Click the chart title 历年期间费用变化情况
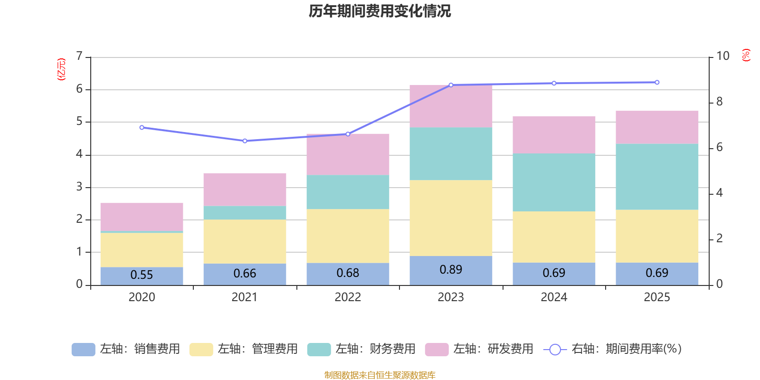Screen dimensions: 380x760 pos(380,11)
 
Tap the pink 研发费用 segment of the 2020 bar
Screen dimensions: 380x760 pos(142,217)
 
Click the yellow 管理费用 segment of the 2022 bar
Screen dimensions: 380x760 pos(348,236)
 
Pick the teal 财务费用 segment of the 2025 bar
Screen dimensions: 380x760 pos(657,177)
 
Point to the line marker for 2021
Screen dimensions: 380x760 pos(245,141)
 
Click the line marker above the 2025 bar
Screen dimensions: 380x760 pos(657,83)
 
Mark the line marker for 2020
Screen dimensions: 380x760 pos(142,127)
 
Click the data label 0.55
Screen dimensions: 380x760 pos(142,275)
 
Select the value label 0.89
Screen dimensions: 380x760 pos(451,270)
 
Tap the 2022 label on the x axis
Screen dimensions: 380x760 pos(348,297)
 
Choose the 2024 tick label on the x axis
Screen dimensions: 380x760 pos(554,297)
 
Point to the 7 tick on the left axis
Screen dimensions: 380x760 pos(79,57)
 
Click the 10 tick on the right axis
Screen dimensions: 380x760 pos(722,56)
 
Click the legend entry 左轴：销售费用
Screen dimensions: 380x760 pos(126,349)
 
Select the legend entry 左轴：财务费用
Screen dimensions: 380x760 pos(362,349)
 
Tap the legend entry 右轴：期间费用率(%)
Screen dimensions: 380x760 pos(613,349)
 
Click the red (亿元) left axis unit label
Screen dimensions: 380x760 pos(61,69)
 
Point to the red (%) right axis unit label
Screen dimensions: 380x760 pos(746,55)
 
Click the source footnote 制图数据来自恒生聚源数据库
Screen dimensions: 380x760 pos(380,375)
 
